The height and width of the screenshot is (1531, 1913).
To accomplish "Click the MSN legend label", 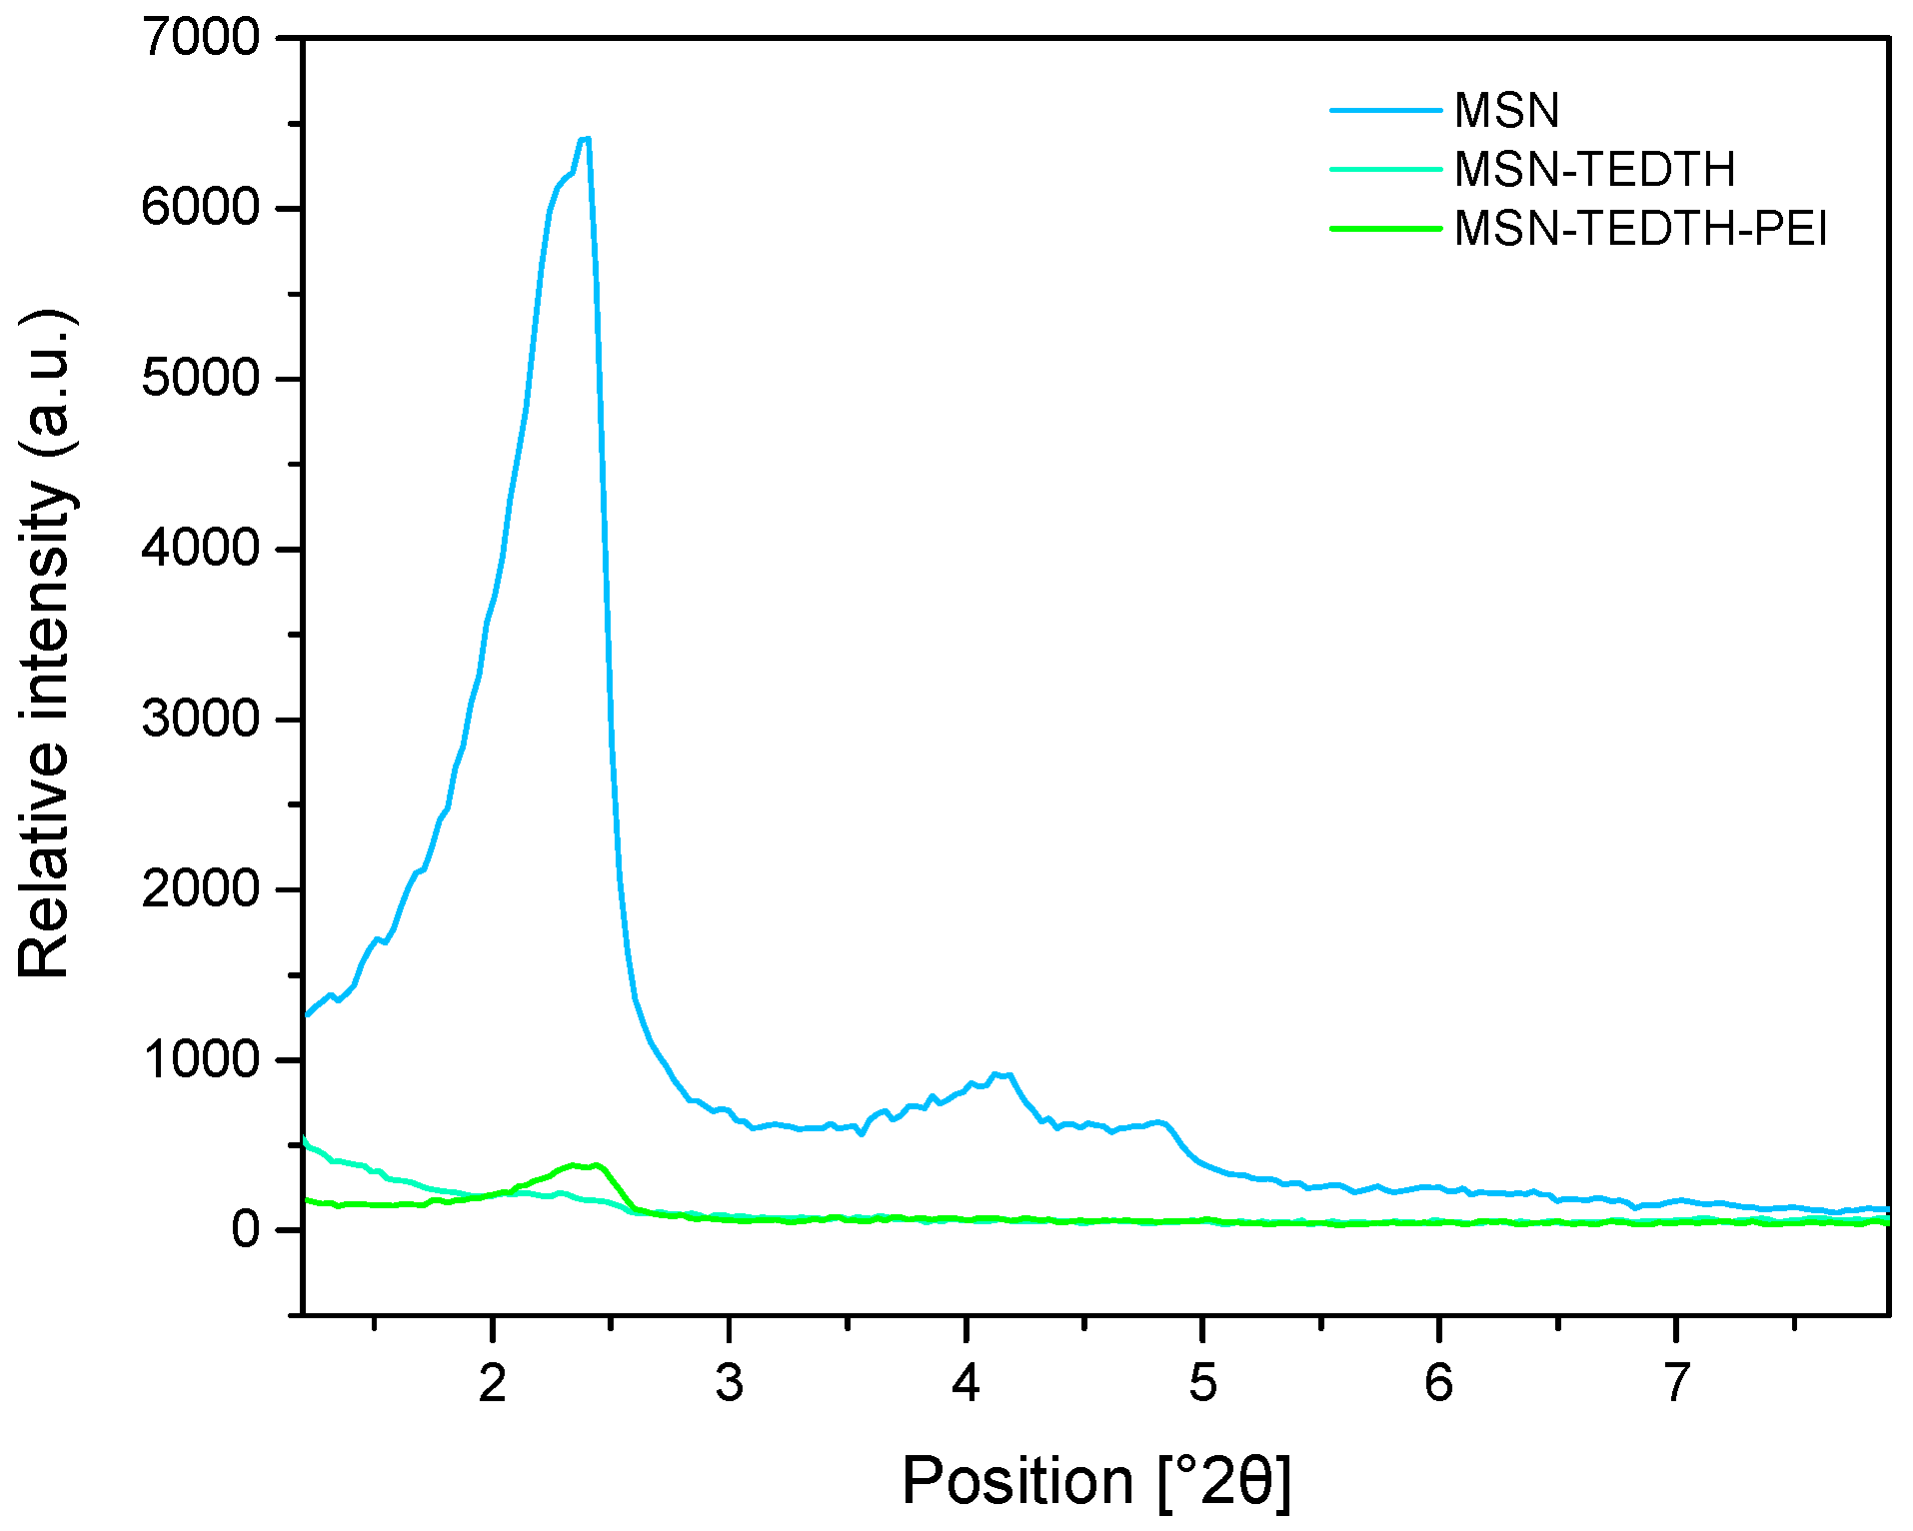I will tap(1506, 110).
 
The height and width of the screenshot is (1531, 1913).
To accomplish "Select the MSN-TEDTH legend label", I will tap(1594, 169).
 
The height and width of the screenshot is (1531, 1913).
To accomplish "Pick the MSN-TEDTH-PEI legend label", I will tap(1640, 229).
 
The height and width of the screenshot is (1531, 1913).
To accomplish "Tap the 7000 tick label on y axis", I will tap(200, 39).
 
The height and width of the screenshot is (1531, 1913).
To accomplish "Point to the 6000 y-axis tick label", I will tap(200, 209).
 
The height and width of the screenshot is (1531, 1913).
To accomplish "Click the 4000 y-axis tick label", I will tap(200, 550).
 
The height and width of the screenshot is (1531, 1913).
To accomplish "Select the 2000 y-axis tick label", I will tap(200, 889).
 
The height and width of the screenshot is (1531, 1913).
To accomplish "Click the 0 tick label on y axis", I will tap(246, 1230).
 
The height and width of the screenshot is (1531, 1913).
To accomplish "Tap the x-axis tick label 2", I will tap(492, 1384).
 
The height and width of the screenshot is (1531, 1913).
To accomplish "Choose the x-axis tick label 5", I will tap(1202, 1384).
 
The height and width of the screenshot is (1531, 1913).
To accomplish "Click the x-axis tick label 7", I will tap(1676, 1384).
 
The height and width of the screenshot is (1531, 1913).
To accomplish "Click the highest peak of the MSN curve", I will tap(586, 139).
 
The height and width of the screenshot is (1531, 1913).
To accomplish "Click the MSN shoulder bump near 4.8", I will tap(1159, 1122).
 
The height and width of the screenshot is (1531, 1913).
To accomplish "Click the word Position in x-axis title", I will tap(1016, 1481).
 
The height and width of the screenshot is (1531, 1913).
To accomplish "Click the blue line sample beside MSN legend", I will tap(1385, 110).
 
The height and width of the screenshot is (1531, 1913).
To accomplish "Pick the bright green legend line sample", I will tap(1385, 229).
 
